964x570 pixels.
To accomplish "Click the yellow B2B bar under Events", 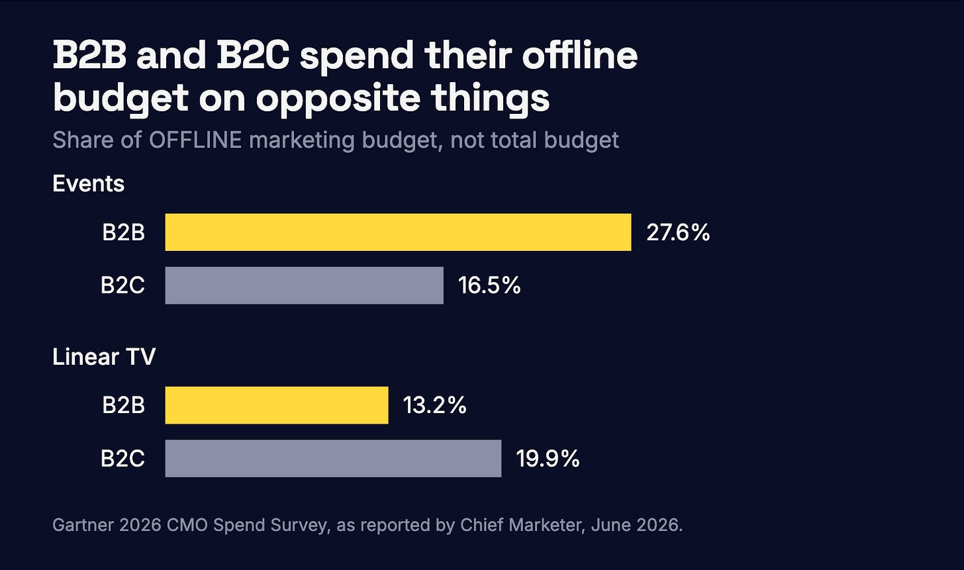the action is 398,232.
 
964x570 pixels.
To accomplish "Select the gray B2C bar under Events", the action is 305,285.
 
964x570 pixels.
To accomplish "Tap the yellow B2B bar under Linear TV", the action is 277,405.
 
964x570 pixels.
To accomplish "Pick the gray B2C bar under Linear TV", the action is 333,458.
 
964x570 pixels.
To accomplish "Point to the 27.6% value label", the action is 678,232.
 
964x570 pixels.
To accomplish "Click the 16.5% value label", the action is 489,285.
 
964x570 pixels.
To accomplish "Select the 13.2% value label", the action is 434,405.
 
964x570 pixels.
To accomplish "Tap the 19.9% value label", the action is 548,458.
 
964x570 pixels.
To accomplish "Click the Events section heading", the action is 88,183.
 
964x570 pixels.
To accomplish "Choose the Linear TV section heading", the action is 104,357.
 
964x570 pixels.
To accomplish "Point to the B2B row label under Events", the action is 124,232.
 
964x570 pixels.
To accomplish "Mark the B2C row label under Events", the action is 122,285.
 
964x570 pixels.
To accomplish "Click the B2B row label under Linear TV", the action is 124,405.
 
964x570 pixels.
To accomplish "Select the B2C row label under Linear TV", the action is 122,458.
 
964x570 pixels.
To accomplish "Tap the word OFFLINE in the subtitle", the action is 195,140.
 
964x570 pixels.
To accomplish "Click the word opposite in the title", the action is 338,99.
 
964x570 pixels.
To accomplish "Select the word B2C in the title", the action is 253,55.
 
